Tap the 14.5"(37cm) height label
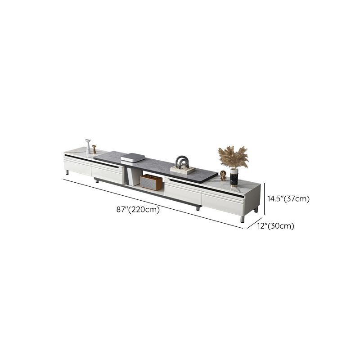(x=289, y=198)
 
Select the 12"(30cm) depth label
(x=276, y=226)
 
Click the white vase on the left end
(x=88, y=147)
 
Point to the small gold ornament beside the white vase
(x=94, y=149)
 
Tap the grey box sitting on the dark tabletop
(x=133, y=157)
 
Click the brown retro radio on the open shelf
(x=151, y=182)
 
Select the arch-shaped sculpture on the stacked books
(x=183, y=162)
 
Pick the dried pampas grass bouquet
(x=233, y=157)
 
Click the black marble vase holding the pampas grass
(x=234, y=177)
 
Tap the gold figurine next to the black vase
(x=223, y=176)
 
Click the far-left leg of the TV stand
(x=67, y=172)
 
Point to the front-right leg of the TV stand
(x=243, y=219)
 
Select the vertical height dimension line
(x=265, y=198)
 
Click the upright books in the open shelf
(x=130, y=177)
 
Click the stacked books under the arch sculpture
(x=183, y=171)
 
